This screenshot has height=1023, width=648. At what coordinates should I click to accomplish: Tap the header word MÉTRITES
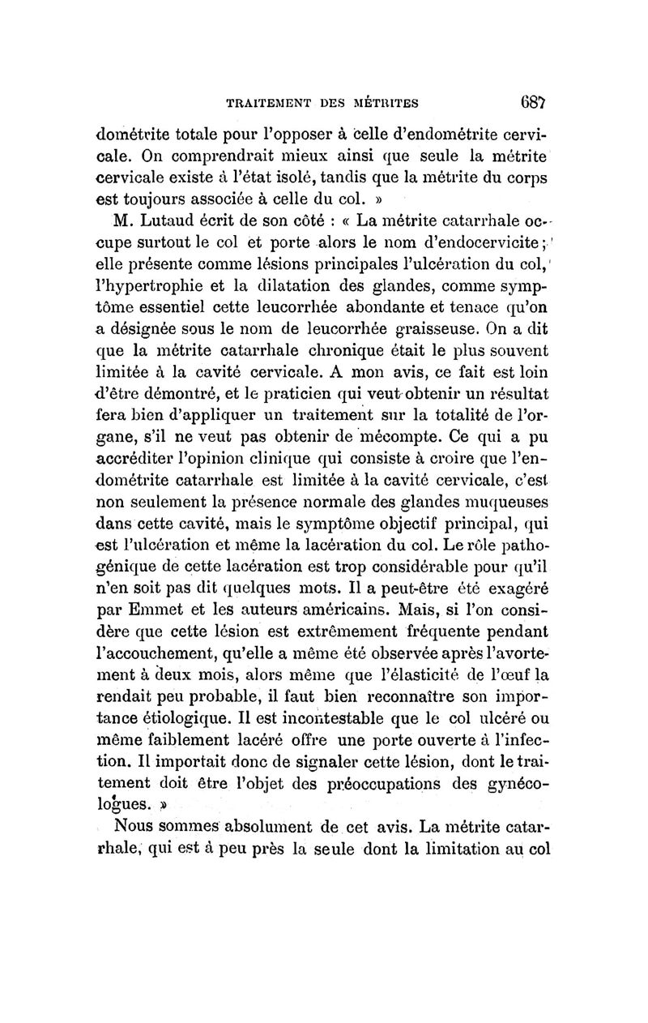tap(384, 103)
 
